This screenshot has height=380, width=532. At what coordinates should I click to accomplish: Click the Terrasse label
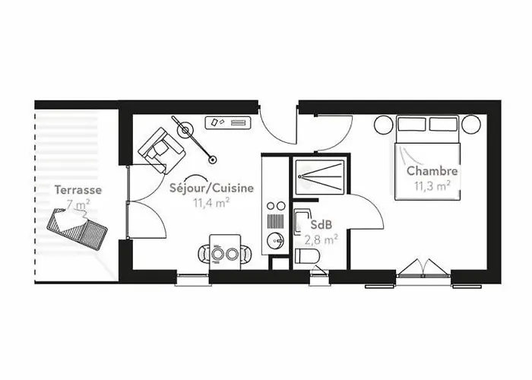click(78, 190)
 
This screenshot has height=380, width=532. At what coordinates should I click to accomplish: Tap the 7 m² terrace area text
click(78, 205)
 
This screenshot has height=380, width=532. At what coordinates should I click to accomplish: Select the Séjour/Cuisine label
click(211, 188)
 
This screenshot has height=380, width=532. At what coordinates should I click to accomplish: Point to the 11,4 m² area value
click(211, 203)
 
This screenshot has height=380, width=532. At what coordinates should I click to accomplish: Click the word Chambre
click(432, 171)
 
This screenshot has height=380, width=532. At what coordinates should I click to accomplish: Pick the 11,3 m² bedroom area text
click(432, 186)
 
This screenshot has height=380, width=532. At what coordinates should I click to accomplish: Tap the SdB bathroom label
click(321, 224)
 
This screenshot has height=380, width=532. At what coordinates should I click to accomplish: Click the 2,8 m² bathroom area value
click(321, 240)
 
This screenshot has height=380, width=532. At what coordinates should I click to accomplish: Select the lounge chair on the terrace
click(78, 227)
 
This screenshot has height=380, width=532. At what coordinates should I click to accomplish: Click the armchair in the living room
click(161, 150)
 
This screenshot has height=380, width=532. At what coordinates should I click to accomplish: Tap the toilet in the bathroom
click(307, 256)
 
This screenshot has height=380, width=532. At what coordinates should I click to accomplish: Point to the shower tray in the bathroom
click(320, 177)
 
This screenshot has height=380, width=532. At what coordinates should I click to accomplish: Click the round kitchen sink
click(275, 241)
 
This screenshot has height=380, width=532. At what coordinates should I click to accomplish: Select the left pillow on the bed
click(412, 124)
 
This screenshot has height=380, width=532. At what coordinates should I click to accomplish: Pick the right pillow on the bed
click(443, 124)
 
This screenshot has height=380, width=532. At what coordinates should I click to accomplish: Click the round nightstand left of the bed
click(384, 125)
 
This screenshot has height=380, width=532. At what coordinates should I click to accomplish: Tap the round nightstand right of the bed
click(471, 125)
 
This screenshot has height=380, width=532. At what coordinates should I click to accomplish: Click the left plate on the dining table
click(217, 253)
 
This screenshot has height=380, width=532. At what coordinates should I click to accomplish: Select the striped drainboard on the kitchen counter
click(275, 220)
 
